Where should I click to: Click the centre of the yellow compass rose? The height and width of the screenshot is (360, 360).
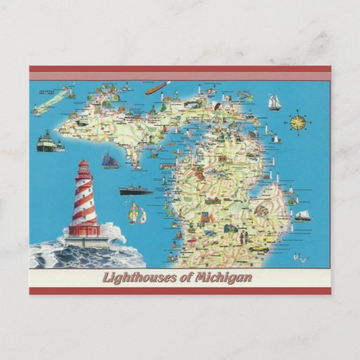click(298, 122)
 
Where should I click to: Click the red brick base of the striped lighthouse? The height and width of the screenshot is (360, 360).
click(84, 230)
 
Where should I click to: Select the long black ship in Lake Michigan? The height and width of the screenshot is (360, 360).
click(136, 190)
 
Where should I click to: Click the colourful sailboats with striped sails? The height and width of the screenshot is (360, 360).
click(138, 215)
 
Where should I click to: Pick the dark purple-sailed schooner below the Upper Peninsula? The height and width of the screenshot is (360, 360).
click(110, 162)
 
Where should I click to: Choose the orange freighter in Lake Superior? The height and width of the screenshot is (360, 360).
click(157, 88)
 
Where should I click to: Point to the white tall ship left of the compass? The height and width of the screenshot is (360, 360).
click(274, 102)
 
